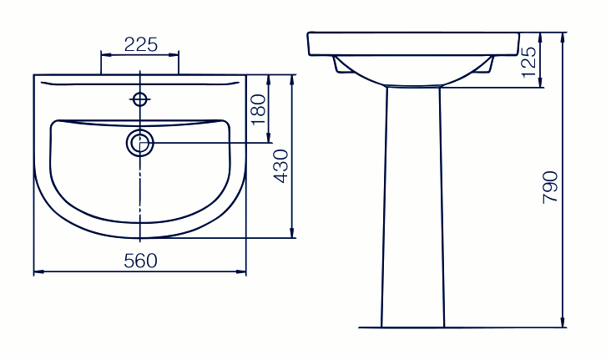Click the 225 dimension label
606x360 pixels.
141,45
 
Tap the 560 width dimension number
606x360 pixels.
141,261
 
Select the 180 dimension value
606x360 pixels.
259,109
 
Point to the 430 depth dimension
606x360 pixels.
281,166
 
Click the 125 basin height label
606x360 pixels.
529,62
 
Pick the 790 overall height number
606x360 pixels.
550,188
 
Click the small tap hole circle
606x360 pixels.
140,99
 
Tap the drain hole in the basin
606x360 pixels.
140,143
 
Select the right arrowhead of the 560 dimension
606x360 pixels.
241,271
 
